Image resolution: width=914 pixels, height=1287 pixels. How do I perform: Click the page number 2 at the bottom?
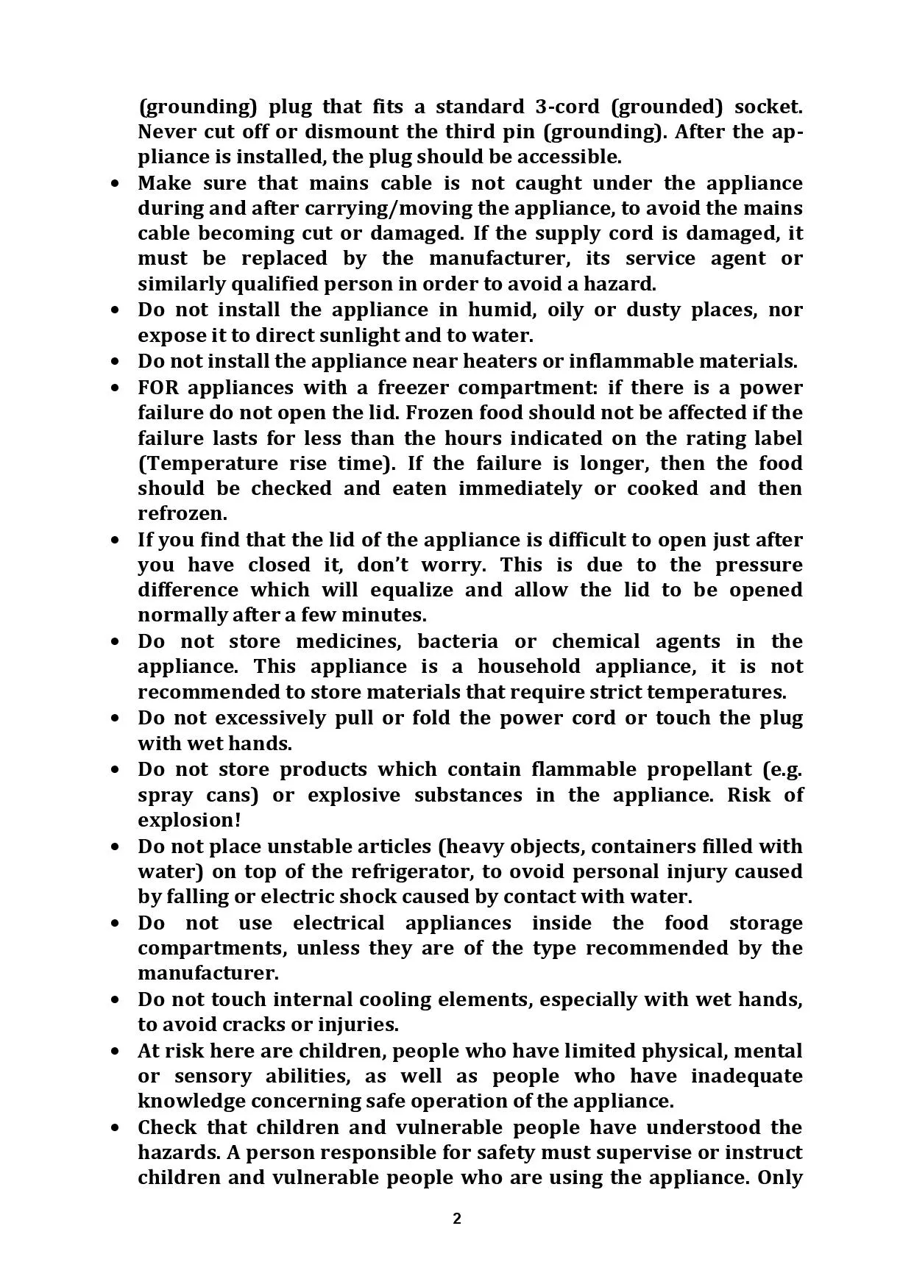pos(457,1219)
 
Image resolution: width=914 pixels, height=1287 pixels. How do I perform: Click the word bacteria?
pos(458,641)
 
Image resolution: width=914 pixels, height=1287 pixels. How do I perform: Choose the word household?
pos(530,666)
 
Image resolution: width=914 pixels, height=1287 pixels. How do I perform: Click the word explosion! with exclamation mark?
pos(189,820)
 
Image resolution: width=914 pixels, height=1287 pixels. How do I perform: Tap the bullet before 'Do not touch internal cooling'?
pos(115,1000)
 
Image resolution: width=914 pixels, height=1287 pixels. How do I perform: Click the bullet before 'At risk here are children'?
pos(115,1052)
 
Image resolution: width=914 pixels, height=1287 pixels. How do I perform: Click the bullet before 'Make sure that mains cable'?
pos(115,184)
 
